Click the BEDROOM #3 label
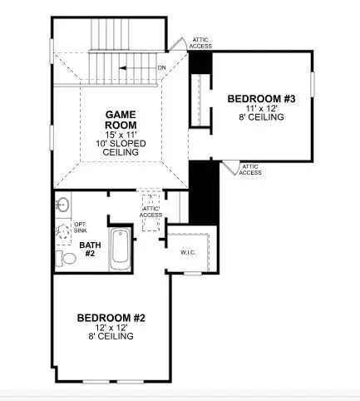(261, 98)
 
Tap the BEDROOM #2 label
(111, 318)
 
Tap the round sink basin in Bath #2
(62, 204)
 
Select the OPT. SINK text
(81, 228)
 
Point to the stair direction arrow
(134, 68)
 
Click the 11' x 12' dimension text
(261, 108)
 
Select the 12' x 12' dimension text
(111, 328)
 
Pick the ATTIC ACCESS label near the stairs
(201, 43)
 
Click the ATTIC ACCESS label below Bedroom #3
(250, 169)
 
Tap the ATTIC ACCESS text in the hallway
(150, 211)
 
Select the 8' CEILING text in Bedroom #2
(111, 338)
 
